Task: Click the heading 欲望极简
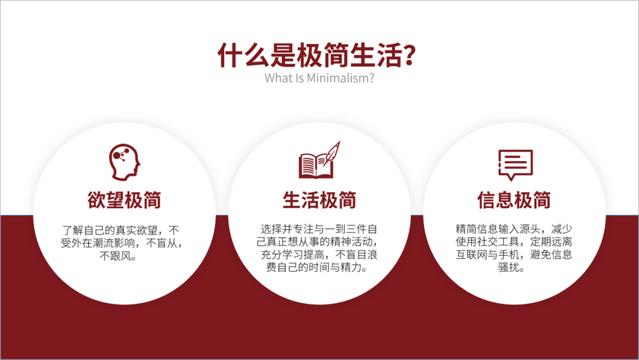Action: click(125, 200)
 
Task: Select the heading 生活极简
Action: click(319, 200)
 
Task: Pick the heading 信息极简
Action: click(514, 200)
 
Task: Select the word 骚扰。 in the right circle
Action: click(514, 268)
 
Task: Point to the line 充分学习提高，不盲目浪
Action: click(319, 255)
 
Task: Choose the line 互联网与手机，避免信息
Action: click(514, 255)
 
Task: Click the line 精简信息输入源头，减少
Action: click(514, 229)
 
